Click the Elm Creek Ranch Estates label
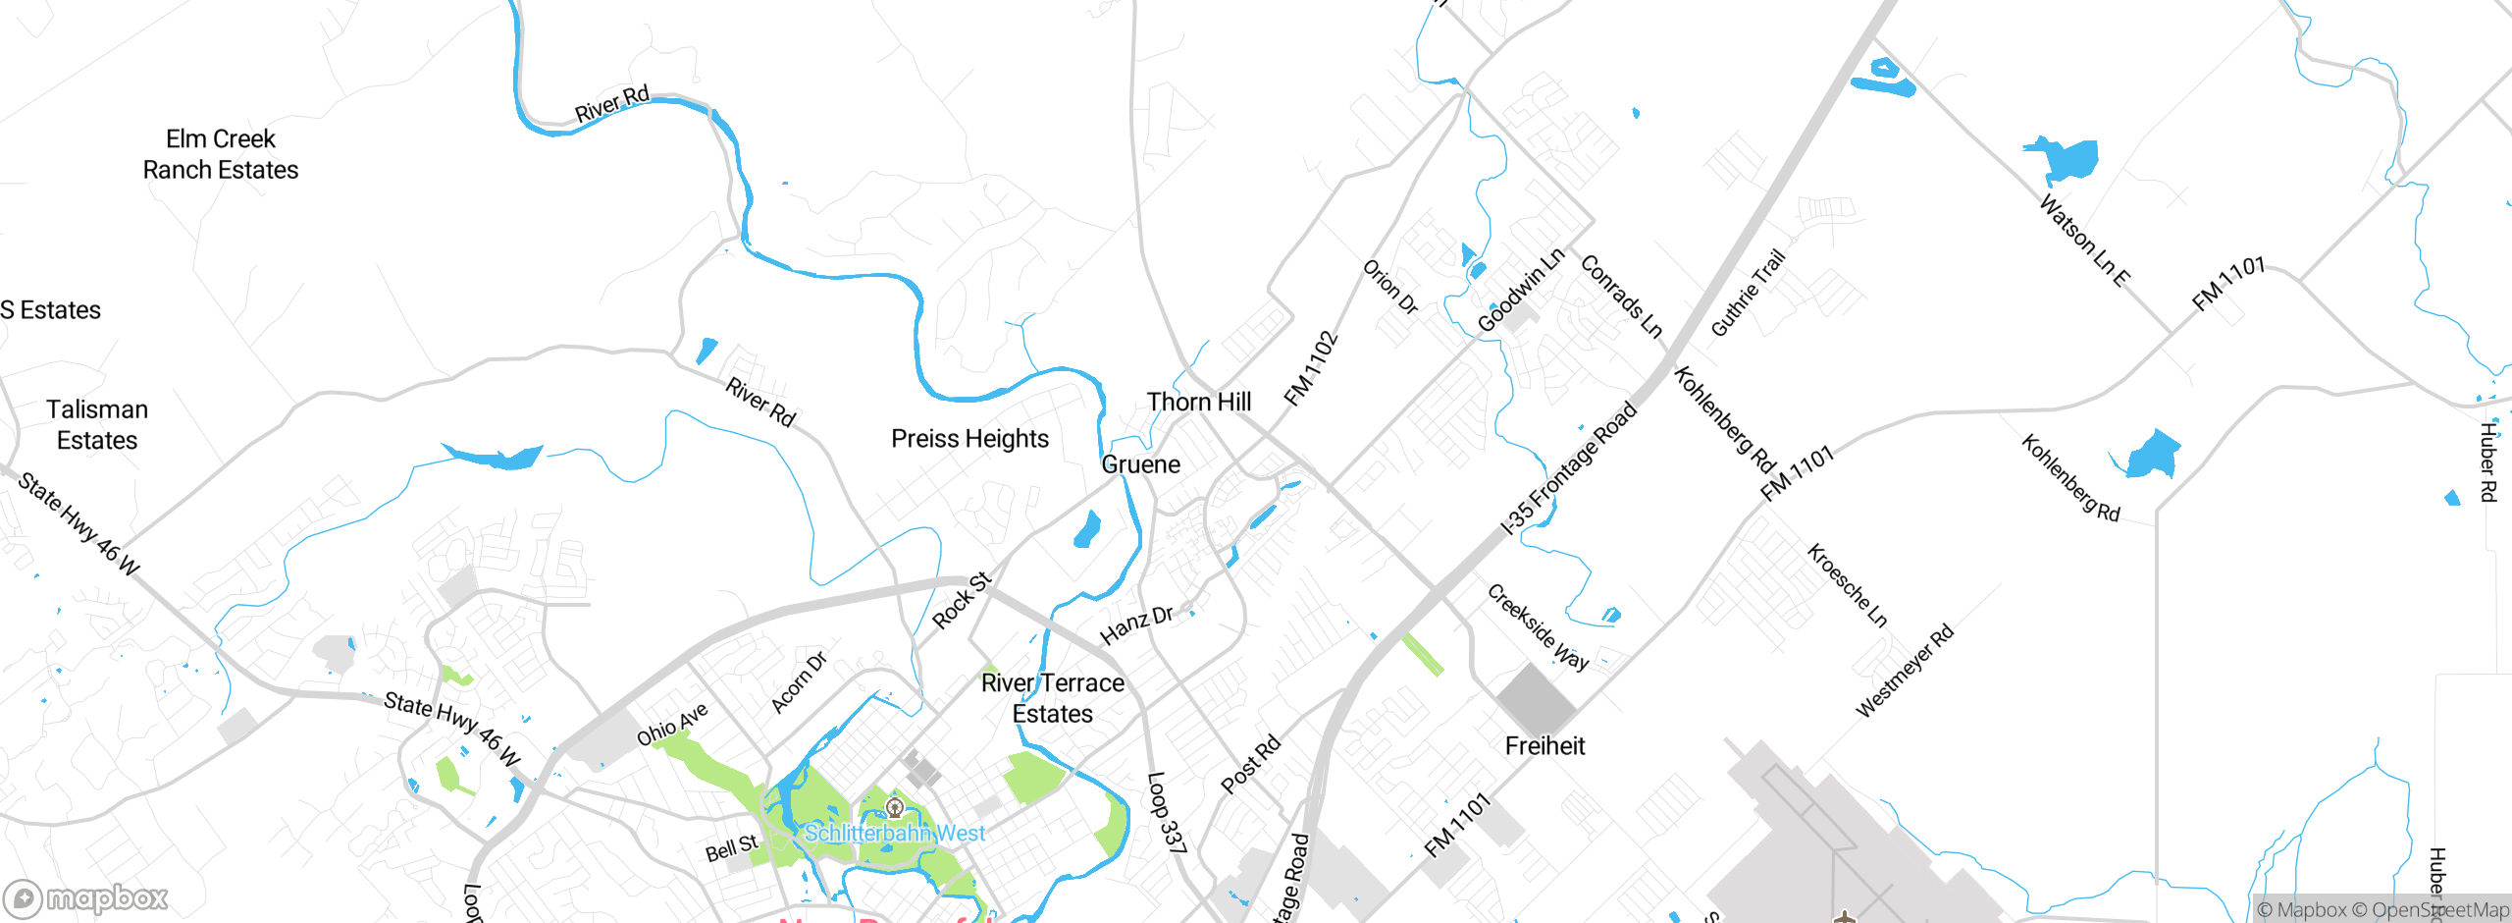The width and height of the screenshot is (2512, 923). pyautogui.click(x=221, y=154)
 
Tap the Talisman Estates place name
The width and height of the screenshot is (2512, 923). pyautogui.click(x=97, y=424)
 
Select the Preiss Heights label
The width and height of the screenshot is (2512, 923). pyautogui.click(x=969, y=439)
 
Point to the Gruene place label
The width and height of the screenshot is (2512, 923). pyautogui.click(x=1141, y=464)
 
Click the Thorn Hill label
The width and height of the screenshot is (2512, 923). pyautogui.click(x=1199, y=402)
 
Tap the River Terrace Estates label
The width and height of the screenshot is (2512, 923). pyautogui.click(x=1053, y=698)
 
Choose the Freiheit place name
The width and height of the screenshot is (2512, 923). pyautogui.click(x=1544, y=746)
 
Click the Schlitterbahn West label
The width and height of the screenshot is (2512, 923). pyautogui.click(x=895, y=834)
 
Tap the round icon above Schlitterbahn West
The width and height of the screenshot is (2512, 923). pyautogui.click(x=895, y=807)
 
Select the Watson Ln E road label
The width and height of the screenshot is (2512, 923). pyautogui.click(x=2084, y=242)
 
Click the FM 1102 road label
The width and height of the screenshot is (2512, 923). pyautogui.click(x=1311, y=368)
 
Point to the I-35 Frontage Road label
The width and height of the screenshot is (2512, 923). pyautogui.click(x=1570, y=467)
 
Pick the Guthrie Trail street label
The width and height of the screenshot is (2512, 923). pyautogui.click(x=1748, y=294)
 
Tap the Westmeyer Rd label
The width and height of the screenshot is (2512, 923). pyautogui.click(x=1905, y=671)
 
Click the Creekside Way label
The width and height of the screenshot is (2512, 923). pyautogui.click(x=1538, y=626)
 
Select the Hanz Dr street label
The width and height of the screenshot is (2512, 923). pyautogui.click(x=1136, y=624)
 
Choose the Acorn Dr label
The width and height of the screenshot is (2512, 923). pyautogui.click(x=799, y=681)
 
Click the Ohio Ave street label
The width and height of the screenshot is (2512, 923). pyautogui.click(x=672, y=725)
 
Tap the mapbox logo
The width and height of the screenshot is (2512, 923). pyautogui.click(x=86, y=897)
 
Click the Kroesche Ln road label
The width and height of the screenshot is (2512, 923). pyautogui.click(x=1848, y=585)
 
